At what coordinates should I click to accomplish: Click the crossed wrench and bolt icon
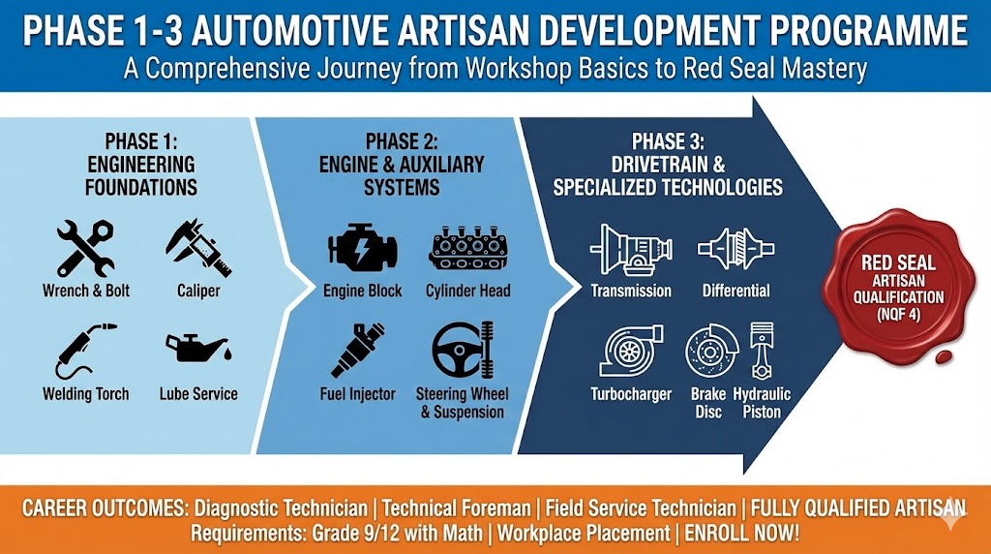85,247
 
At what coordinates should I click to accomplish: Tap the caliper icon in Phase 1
197,247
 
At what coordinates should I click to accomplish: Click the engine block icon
360,248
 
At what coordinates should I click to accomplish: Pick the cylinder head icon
467,248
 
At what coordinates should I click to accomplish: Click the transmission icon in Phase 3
631,249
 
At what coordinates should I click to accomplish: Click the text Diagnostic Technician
283,508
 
